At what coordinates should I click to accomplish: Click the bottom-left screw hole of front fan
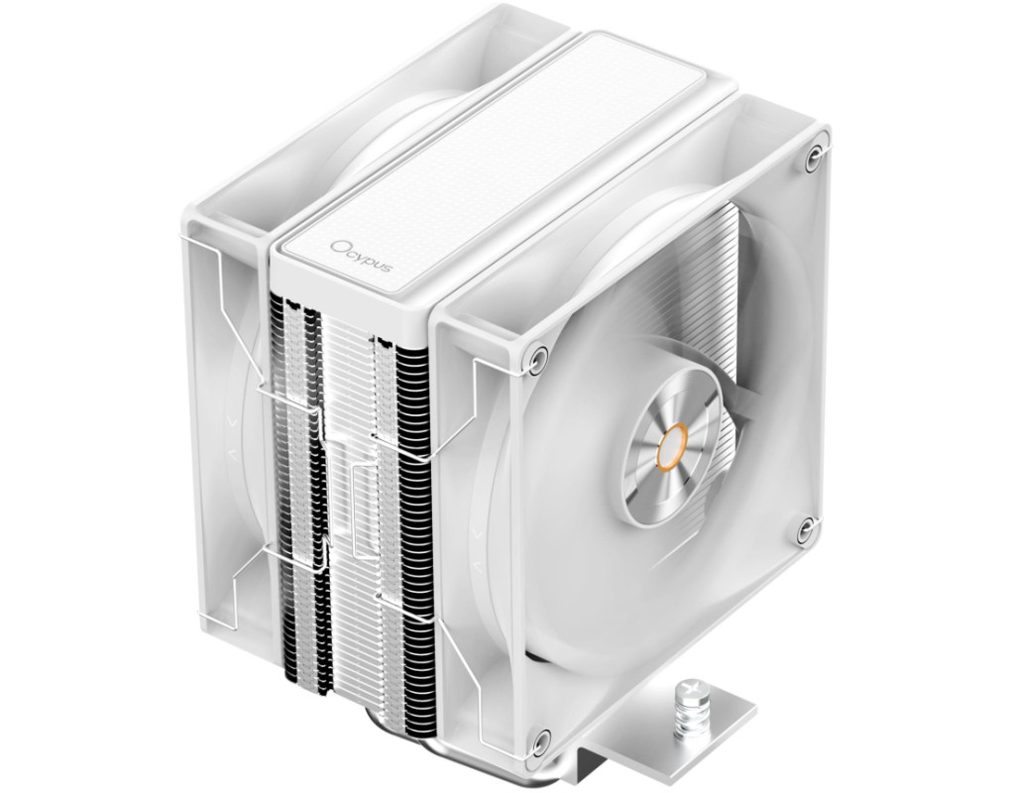tap(540, 739)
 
